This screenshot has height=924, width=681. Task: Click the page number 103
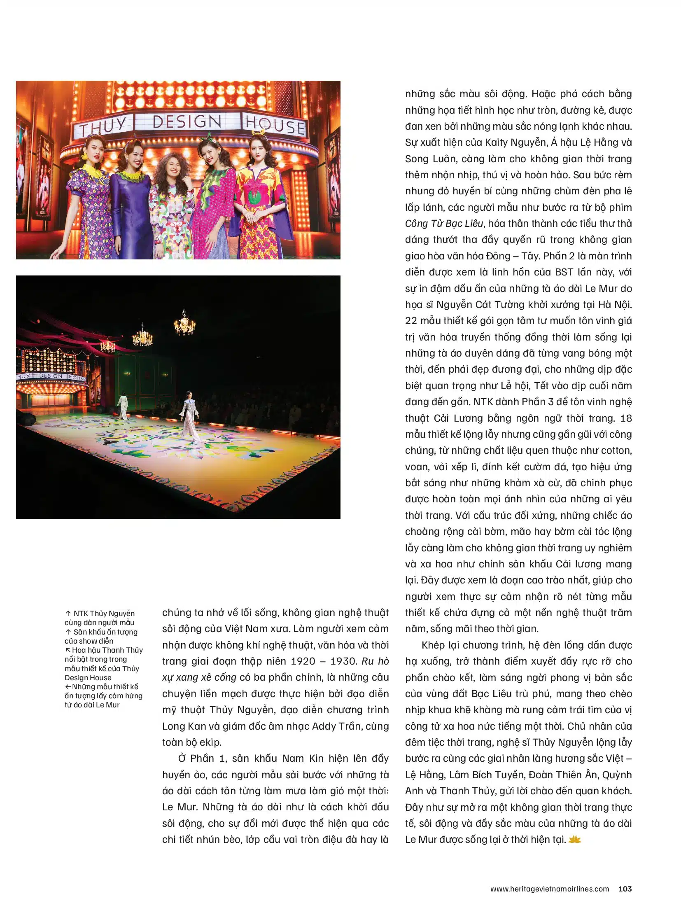click(625, 889)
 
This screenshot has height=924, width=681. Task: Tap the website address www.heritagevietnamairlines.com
click(549, 889)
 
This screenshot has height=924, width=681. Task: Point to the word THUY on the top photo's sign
click(103, 126)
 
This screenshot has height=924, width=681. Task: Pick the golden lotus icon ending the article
click(574, 840)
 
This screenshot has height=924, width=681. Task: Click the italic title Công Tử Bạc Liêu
click(443, 224)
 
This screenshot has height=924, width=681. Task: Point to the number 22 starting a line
click(411, 321)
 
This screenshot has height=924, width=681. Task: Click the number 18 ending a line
click(625, 418)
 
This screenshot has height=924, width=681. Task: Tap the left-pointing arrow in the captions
click(68, 686)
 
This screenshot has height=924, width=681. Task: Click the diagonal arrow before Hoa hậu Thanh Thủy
click(68, 650)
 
